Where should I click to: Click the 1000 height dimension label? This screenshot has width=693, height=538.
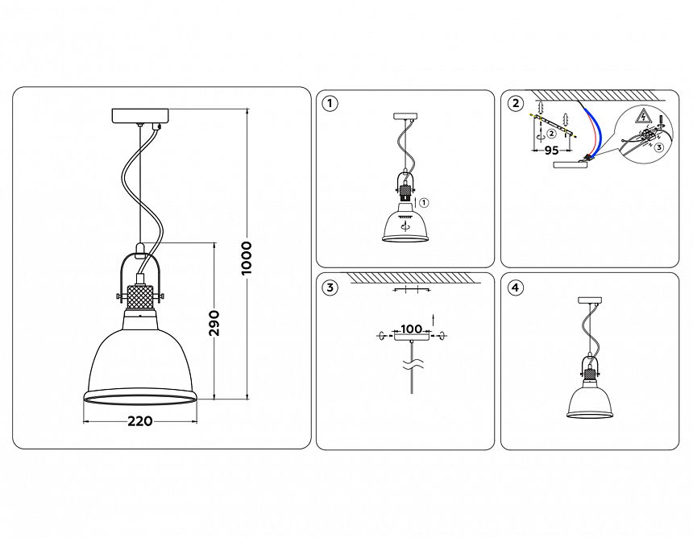tap(247, 258)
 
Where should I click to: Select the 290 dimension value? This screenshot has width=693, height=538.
tap(214, 322)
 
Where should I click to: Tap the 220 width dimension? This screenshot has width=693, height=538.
tap(140, 420)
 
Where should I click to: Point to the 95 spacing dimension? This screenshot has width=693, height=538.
tap(551, 150)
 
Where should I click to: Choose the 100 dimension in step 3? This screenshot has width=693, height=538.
tap(412, 329)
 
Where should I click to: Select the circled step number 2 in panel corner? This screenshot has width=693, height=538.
tap(515, 103)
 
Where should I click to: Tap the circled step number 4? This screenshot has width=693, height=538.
tap(515, 287)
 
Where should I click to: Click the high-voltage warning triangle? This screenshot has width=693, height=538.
tap(643, 116)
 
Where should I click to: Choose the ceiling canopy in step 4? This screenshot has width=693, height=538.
tap(592, 300)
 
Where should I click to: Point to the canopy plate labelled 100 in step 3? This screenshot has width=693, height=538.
tap(412, 338)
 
